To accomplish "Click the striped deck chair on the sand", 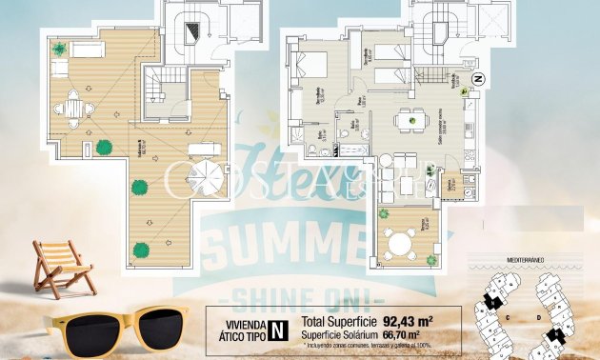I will tap(64, 266).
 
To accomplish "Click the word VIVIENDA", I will tap(239, 324).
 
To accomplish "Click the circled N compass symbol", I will tap(478, 77).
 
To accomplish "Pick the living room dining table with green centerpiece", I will tap(411, 120).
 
